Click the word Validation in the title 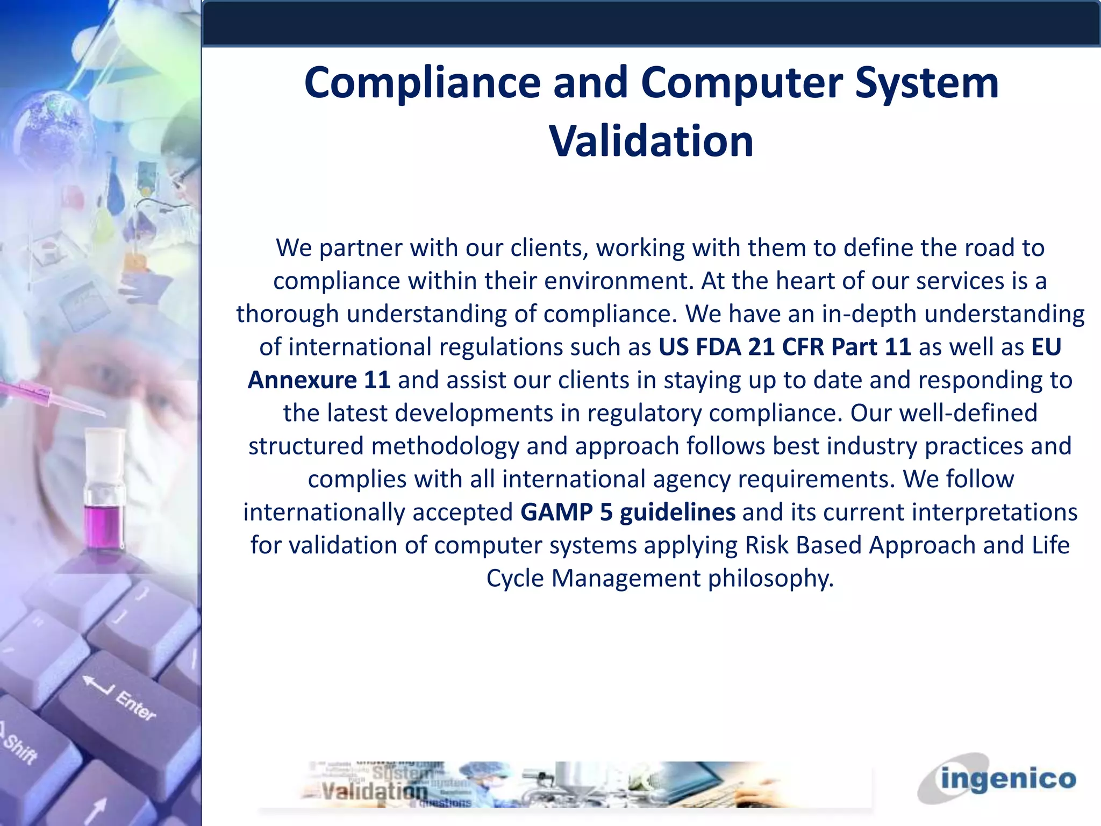point(651,141)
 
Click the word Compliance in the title point(422,83)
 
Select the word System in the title point(926,83)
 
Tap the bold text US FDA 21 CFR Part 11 point(784,347)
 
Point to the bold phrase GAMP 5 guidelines point(627,512)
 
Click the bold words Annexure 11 point(319,381)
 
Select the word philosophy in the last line point(770,579)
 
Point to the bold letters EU point(1046,347)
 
